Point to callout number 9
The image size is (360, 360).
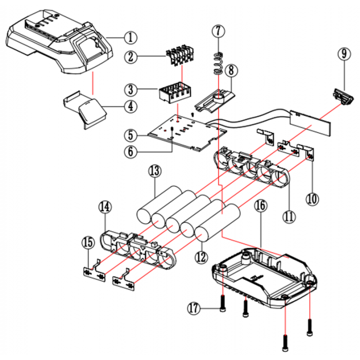coord(344,53)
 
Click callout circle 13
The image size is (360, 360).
coord(154,170)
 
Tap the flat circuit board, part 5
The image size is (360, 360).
coord(185,134)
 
